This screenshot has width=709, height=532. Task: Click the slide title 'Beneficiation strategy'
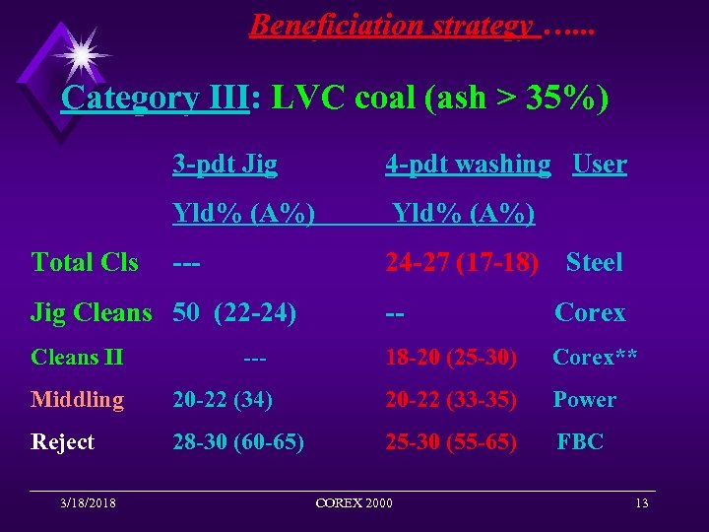coord(392,25)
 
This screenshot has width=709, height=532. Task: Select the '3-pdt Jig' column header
coord(225,164)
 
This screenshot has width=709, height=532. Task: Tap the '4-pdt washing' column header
coord(468,164)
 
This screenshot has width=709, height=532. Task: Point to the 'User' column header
coord(599,164)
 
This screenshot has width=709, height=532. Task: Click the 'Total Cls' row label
coord(85,262)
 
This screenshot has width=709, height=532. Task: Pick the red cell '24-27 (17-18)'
coord(462,262)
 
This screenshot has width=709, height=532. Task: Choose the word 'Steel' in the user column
coord(594,262)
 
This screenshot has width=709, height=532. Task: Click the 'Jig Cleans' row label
coord(92,313)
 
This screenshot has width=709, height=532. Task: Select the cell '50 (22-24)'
coord(234,313)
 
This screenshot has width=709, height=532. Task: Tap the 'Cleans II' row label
coord(77,357)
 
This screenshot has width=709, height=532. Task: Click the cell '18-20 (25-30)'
coord(451,357)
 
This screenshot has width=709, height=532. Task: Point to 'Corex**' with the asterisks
coord(595,357)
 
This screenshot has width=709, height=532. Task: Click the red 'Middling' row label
coord(78,399)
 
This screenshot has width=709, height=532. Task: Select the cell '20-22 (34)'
coord(224,399)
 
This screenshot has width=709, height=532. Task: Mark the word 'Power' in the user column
coord(584,399)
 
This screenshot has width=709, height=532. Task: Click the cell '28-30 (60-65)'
coord(238,442)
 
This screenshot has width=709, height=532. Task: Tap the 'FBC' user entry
coord(580,442)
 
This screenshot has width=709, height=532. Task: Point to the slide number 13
coord(642,503)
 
